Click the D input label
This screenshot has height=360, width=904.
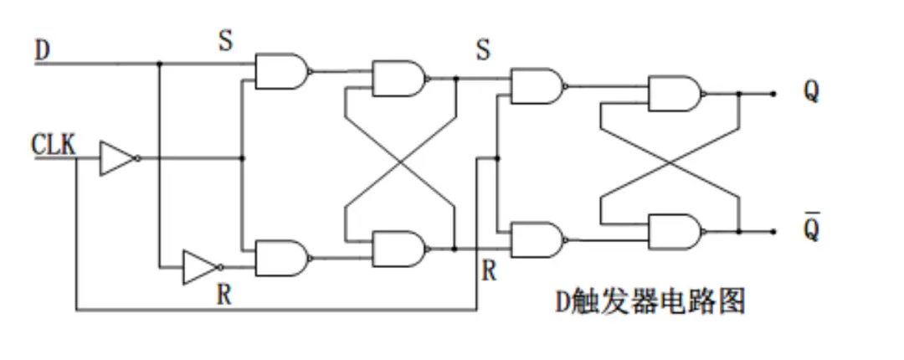pyautogui.click(x=41, y=50)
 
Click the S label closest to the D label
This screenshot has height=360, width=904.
pyautogui.click(x=225, y=43)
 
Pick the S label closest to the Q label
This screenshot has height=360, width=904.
pyautogui.click(x=483, y=50)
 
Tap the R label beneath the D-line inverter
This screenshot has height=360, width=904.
pyautogui.click(x=224, y=294)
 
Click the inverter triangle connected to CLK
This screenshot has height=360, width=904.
pyautogui.click(x=115, y=158)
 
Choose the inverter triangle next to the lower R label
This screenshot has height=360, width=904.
pyautogui.click(x=198, y=267)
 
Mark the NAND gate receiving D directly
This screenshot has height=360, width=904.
pyautogui.click(x=280, y=72)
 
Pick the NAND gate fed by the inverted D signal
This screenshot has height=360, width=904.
pyautogui.click(x=280, y=259)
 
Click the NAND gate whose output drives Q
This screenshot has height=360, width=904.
pyautogui.click(x=674, y=94)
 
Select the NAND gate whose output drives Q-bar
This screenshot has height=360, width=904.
pyautogui.click(x=674, y=232)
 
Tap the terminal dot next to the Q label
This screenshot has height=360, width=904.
pyautogui.click(x=773, y=94)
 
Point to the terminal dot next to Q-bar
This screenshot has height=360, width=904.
pyautogui.click(x=773, y=232)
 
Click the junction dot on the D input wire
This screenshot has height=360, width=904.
pyautogui.click(x=159, y=63)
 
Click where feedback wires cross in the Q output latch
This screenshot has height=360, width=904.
pyautogui.click(x=670, y=163)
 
